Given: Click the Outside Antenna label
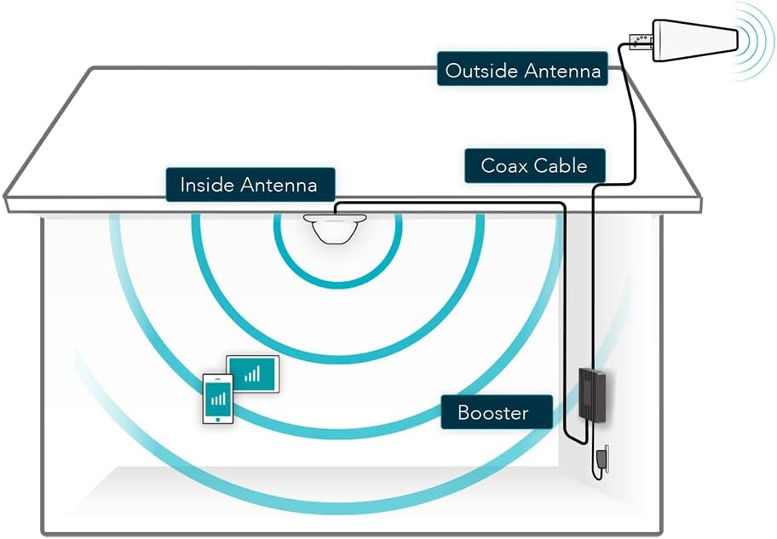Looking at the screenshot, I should click(x=522, y=71).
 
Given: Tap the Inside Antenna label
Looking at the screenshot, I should click(x=248, y=184).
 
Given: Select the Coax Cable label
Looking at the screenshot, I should click(x=534, y=165).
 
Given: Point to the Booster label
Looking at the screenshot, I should click(x=493, y=413).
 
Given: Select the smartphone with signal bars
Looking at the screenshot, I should click(x=217, y=398).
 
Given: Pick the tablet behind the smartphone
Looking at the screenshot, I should click(x=253, y=374).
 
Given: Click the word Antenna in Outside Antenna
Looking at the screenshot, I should click(x=562, y=71).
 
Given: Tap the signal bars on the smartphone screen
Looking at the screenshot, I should click(x=218, y=397).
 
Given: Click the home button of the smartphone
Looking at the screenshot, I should click(x=218, y=417).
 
